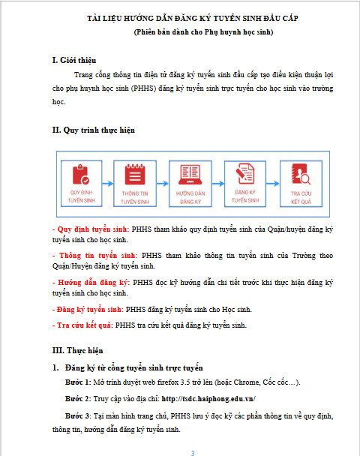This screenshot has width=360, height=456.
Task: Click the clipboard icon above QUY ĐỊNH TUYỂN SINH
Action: (81, 175)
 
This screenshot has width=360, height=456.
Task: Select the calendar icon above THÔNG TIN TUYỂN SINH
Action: (135, 174)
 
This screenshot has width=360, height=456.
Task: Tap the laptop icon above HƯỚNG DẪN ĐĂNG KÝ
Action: (190, 175)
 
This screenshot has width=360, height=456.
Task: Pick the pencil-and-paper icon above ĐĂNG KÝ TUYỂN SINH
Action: (244, 173)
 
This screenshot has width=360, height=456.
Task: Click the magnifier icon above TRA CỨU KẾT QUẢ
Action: (301, 174)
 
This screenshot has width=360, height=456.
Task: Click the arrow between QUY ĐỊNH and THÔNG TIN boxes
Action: (107, 184)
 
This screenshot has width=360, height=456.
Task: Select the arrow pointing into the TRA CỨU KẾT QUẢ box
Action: (273, 184)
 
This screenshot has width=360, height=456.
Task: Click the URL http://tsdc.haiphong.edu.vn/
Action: (208, 399)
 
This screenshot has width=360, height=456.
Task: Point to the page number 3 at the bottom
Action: (193, 453)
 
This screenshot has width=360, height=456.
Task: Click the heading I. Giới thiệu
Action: (74, 60)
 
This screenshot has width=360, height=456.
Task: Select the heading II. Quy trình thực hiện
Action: (94, 130)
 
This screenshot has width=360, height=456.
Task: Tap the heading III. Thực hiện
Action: (78, 350)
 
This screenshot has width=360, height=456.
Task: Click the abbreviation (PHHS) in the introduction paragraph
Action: (144, 88)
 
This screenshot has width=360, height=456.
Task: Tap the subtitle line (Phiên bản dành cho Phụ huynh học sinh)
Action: (203, 32)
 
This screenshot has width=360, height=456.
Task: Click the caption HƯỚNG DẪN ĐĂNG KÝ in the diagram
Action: (190, 197)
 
